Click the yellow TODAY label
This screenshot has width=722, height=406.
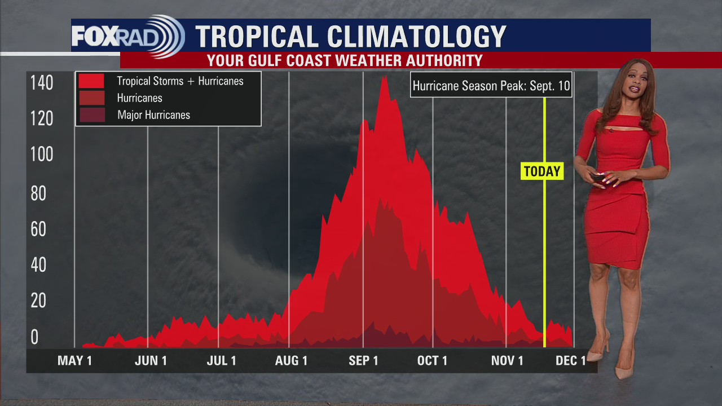click(x=542, y=171)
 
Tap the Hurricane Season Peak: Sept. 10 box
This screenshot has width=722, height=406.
click(x=491, y=86)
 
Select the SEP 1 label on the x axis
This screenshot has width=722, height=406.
click(x=363, y=361)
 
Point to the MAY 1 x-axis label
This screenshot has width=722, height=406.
click(x=74, y=361)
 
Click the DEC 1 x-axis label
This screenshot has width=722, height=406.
click(x=570, y=361)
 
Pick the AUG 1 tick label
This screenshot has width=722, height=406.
click(x=291, y=361)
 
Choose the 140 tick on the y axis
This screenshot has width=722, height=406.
click(x=42, y=83)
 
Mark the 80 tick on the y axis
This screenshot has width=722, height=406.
click(x=38, y=193)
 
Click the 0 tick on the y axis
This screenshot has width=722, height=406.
click(x=34, y=337)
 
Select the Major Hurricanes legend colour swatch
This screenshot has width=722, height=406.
click(x=91, y=115)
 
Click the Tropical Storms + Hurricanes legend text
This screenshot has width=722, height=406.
click(x=180, y=81)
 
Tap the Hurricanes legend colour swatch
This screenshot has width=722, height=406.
click(x=91, y=98)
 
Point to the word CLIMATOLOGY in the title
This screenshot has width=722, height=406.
click(x=417, y=37)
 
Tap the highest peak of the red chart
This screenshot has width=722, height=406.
click(x=385, y=77)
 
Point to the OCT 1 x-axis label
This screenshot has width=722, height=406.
click(x=432, y=361)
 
